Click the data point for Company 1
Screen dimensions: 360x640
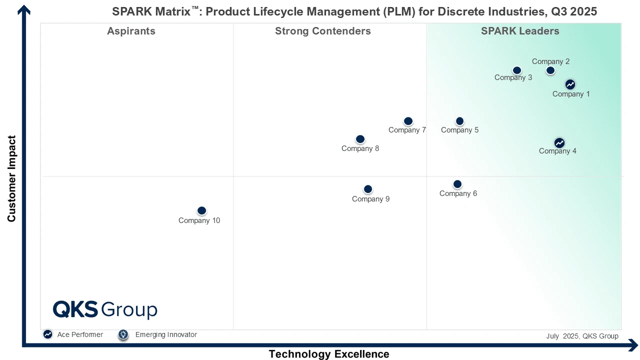coord(570,84)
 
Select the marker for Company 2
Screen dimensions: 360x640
coord(550,70)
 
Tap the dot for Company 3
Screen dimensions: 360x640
coord(517,70)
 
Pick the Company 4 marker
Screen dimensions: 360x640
coord(559,143)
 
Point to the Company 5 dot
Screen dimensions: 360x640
coord(459,121)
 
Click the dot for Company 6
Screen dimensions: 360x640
coord(457,184)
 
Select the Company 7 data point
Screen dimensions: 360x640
coord(408,121)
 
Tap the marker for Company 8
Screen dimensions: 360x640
coord(360,139)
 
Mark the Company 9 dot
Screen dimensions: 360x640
coord(367,189)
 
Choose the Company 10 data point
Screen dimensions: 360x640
coord(201,210)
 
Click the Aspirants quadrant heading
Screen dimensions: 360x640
coord(131,31)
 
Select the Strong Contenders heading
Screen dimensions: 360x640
coord(322,31)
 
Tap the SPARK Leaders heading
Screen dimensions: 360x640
coord(520,31)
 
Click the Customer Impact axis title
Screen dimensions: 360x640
coord(11,178)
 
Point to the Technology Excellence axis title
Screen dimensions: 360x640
coord(328,354)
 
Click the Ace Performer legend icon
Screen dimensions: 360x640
coord(47,334)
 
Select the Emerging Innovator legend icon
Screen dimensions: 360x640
coord(123,334)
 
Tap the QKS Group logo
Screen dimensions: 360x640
coord(105,309)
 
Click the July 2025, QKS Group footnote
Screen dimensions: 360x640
coord(582,336)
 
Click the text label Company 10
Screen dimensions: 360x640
coord(199,220)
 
